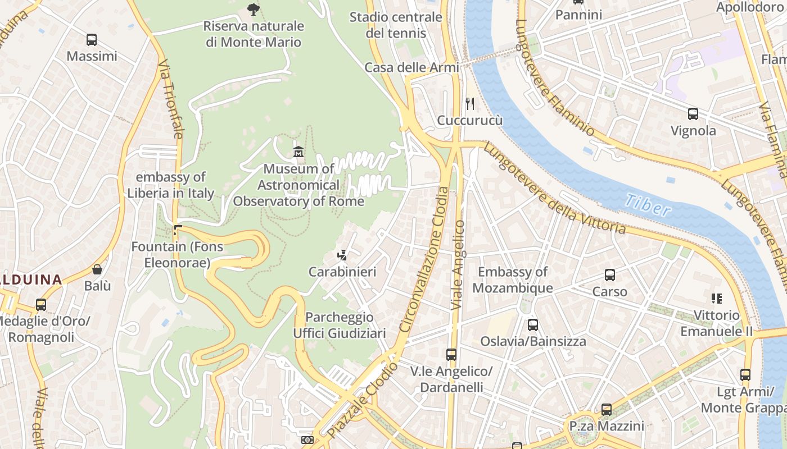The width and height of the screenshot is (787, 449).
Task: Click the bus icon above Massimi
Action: pos(91,40)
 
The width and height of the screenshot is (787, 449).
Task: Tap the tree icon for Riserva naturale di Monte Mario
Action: pos(254,9)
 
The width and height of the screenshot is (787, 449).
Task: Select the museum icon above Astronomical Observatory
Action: pos(298,152)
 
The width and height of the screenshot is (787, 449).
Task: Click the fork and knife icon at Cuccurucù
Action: pos(470,104)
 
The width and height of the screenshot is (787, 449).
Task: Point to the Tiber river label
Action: pos(648,205)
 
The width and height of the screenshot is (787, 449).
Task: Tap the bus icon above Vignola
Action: pos(693,114)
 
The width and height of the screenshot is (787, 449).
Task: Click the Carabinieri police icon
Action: pos(342,255)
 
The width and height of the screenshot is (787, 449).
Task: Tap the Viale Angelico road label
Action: pos(458,264)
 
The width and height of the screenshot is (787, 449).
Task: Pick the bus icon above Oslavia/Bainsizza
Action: pos(532,324)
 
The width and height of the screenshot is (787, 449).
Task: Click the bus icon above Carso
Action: pos(609,275)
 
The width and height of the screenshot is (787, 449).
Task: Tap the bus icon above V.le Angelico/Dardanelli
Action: pos(451,354)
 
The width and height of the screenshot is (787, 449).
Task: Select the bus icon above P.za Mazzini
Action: pos(606,409)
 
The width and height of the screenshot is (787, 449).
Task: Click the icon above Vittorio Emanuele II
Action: pos(716,298)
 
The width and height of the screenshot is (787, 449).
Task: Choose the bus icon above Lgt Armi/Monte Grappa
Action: pos(745,374)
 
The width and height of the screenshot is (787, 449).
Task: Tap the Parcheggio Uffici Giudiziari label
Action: pos(339,326)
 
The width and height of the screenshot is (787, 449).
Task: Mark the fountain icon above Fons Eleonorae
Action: pos(178,230)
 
